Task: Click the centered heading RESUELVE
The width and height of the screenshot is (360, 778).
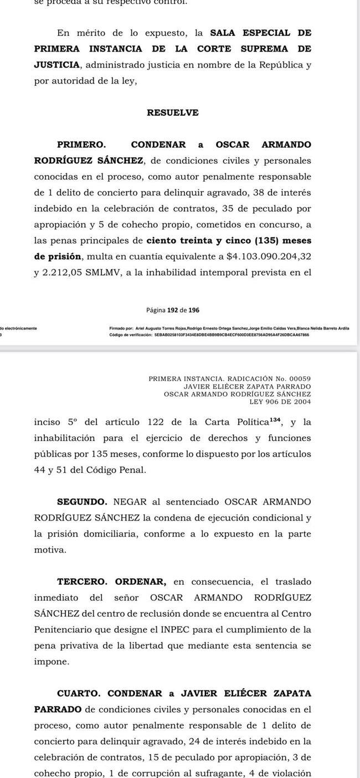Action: pos(173,113)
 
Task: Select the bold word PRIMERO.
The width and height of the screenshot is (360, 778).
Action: pos(81,145)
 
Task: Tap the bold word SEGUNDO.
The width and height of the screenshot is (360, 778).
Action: pos(83,502)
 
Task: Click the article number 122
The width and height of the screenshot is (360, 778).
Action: pos(158,423)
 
